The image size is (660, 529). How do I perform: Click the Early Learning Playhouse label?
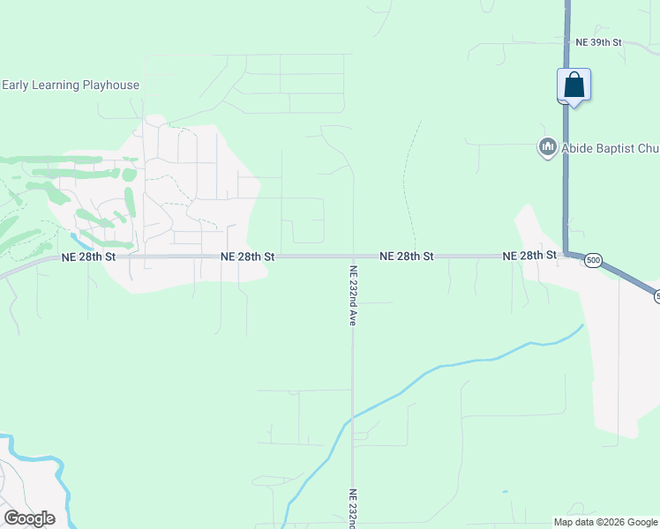(70, 85)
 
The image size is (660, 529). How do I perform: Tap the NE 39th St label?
(598, 41)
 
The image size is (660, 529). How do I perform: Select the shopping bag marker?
(574, 86)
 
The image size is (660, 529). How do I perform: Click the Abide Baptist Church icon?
(547, 147)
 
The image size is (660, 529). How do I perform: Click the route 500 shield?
(593, 260)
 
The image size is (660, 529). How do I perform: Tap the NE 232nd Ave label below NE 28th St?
(352, 296)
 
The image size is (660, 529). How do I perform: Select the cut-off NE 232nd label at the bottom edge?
(352, 509)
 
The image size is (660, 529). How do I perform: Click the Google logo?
(29, 518)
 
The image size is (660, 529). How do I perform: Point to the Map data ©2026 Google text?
(605, 522)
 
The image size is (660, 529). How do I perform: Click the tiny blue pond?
(505, 492)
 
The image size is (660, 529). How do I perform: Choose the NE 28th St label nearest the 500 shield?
(529, 256)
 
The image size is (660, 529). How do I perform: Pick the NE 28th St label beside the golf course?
(89, 257)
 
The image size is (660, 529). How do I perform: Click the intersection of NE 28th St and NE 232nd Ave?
(352, 257)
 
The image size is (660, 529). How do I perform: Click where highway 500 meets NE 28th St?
(566, 254)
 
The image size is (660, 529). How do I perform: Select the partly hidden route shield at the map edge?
(656, 297)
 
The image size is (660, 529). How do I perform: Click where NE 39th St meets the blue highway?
(566, 41)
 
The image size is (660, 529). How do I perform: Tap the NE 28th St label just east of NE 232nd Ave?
(407, 256)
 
